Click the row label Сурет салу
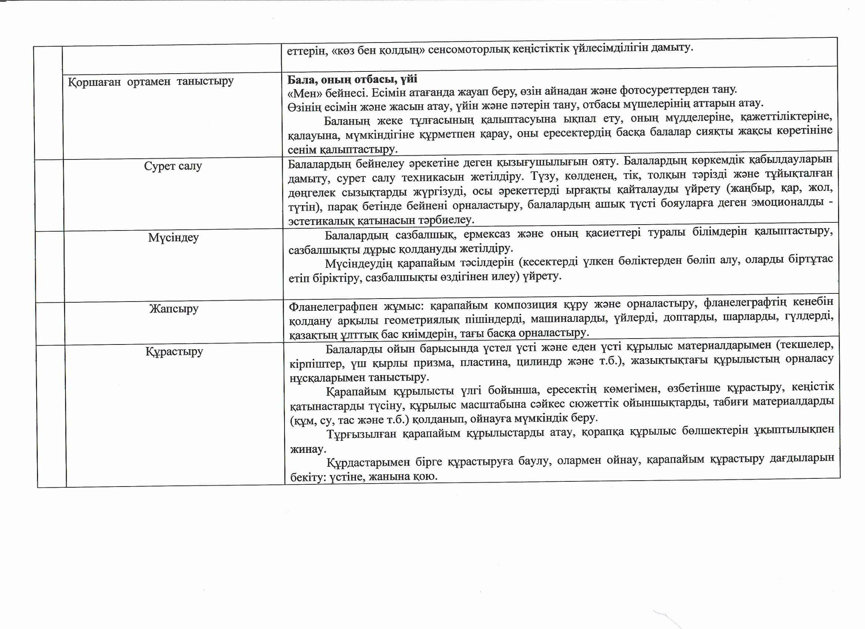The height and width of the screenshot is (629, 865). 173,166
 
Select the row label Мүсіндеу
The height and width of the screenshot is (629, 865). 174,238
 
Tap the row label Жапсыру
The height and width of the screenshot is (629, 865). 174,308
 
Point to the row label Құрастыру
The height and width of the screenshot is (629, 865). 174,351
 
